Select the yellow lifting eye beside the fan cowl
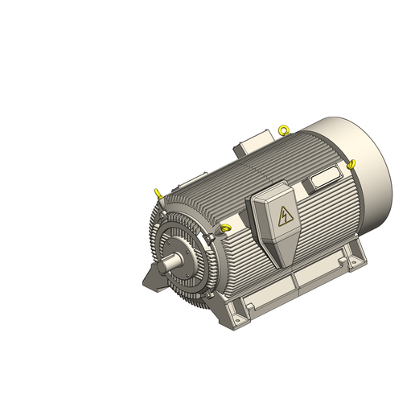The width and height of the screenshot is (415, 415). (351, 164)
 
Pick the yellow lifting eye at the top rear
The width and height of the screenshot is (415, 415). (282, 129)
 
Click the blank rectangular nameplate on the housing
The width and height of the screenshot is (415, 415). (325, 176)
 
